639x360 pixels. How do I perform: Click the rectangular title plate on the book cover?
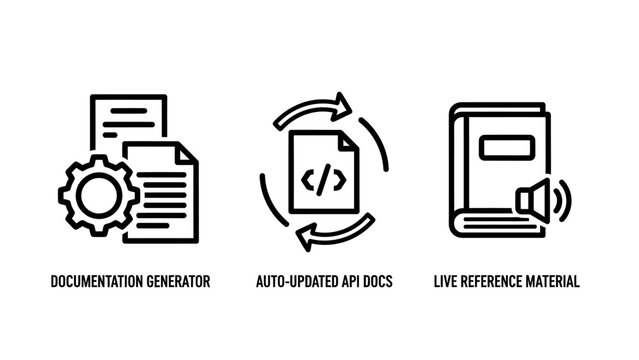505,150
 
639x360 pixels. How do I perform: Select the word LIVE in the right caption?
446,282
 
